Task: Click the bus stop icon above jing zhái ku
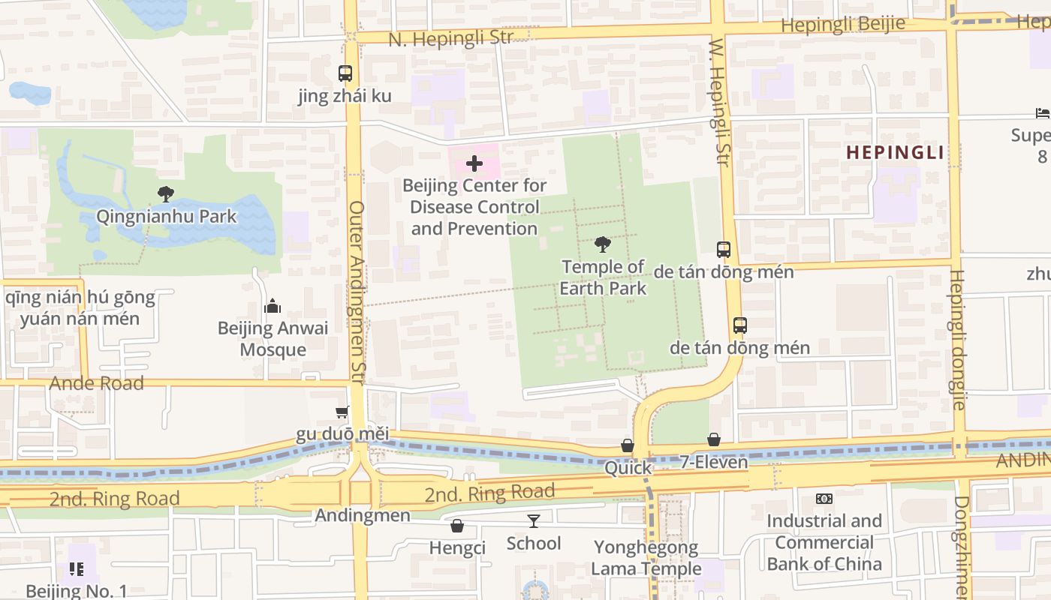coord(345,73)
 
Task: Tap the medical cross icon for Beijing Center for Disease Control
coord(474,163)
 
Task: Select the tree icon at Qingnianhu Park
coord(166,194)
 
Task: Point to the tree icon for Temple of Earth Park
coord(602,244)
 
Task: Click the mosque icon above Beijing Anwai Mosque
coord(273,306)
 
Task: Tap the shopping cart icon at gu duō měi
coord(342,412)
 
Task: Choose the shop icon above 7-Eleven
coord(714,439)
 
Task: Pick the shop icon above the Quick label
coord(628,445)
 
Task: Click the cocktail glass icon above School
coord(534,520)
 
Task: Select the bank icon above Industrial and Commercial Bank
coord(824,499)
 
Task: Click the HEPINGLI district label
coord(895,152)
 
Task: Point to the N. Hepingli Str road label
coord(450,37)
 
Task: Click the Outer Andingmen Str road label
coord(357,292)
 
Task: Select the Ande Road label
coord(96,383)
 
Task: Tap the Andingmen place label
coord(363,515)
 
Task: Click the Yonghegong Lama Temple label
coord(646,558)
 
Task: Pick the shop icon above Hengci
coord(456,526)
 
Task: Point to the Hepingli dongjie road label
coord(957,339)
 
